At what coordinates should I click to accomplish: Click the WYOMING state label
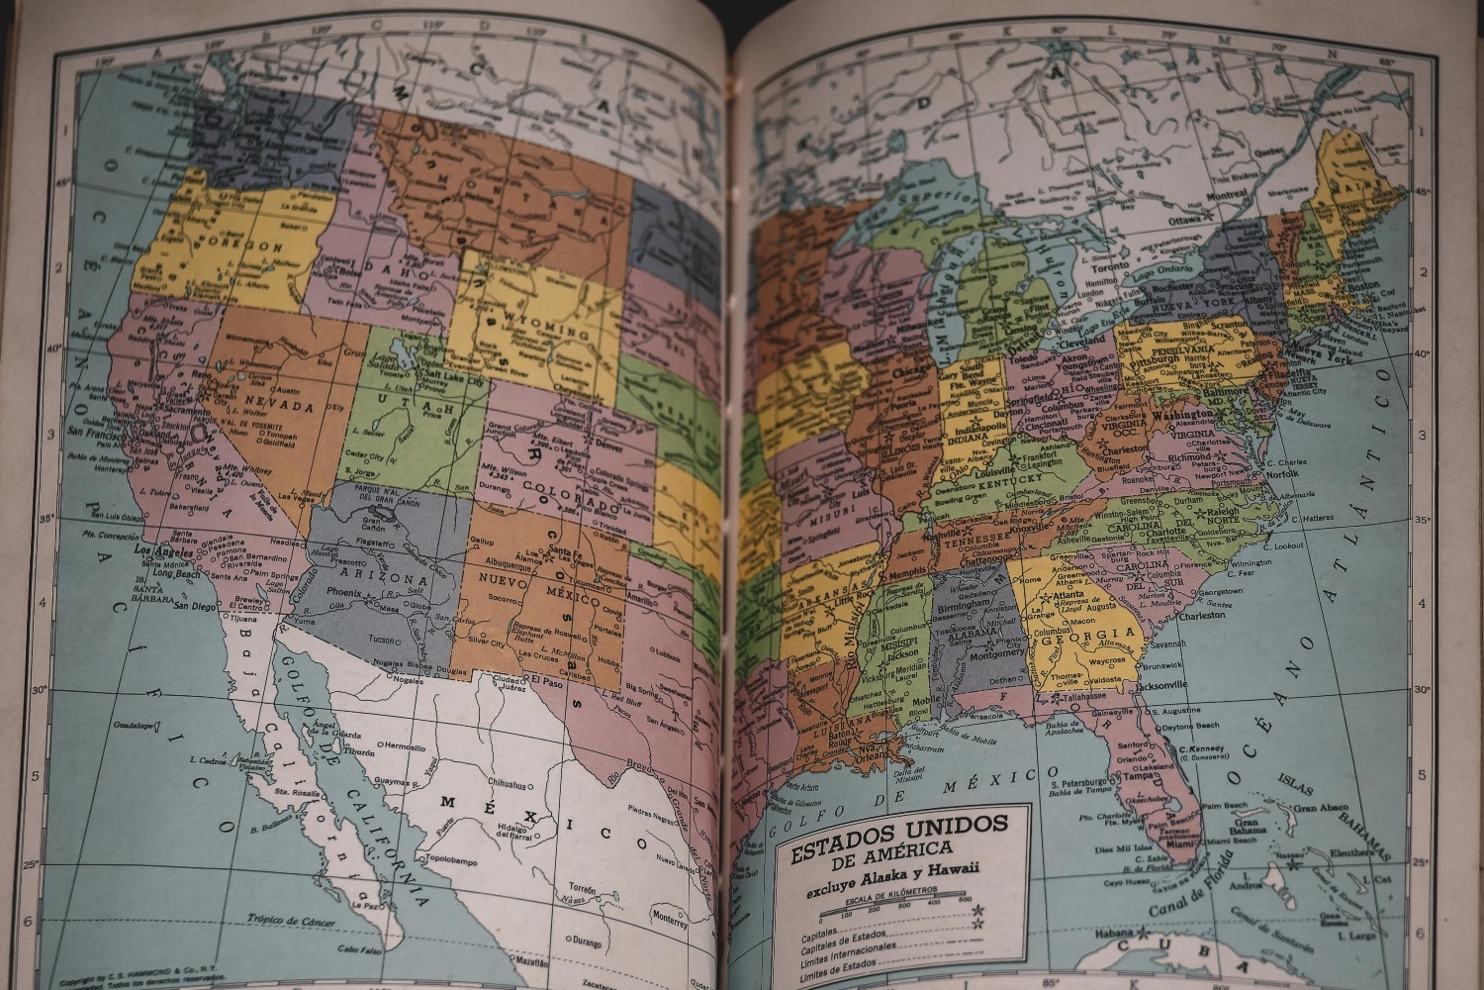[541, 323]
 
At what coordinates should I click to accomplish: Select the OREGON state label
[235, 245]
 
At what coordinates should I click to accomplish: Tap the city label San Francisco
[104, 432]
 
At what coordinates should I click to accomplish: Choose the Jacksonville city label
[1161, 685]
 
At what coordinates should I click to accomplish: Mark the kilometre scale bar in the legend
[901, 907]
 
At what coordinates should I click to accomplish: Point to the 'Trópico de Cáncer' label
[287, 923]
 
